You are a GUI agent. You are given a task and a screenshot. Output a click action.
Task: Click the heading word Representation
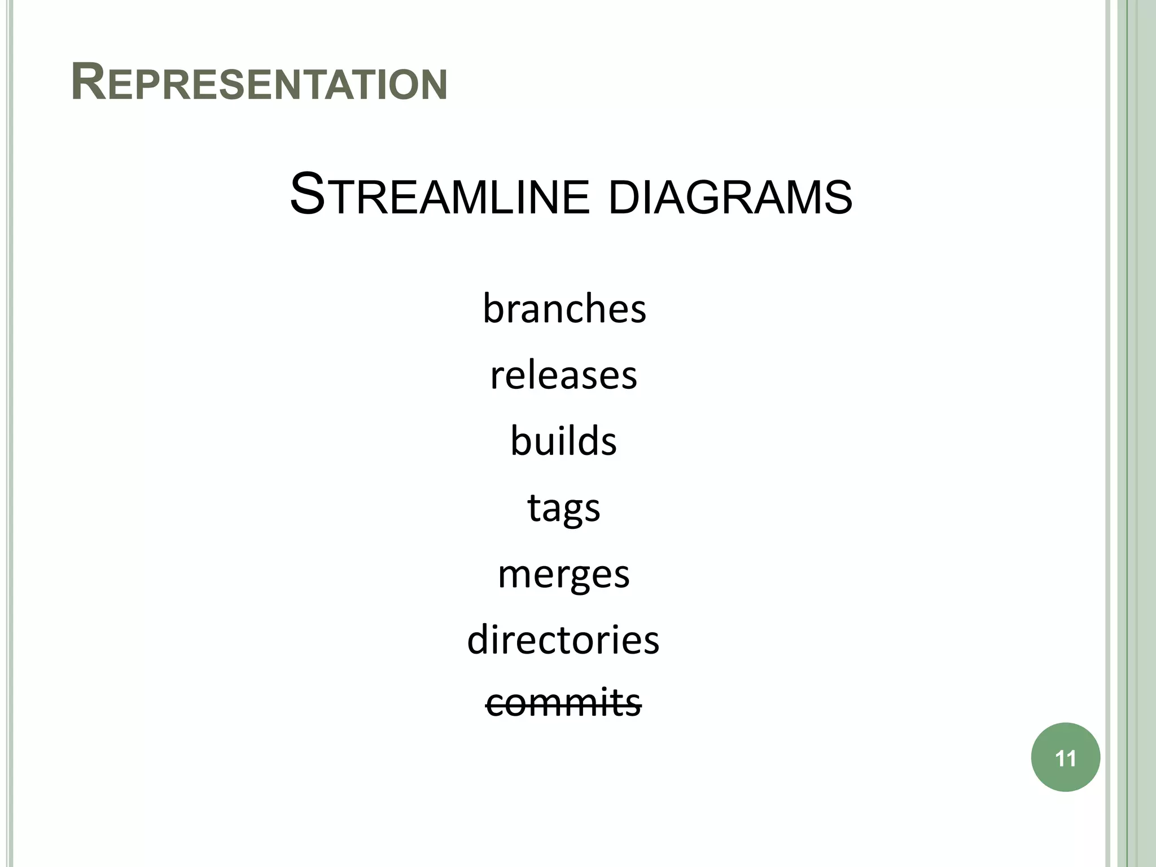[x=259, y=83]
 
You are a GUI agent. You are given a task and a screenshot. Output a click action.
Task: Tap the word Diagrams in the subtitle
[x=730, y=198]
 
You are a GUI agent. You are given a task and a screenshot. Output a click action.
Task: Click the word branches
[x=564, y=309]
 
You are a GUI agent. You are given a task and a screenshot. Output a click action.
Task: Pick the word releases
[x=563, y=375]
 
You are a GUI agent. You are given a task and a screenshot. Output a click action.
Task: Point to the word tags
[x=563, y=508]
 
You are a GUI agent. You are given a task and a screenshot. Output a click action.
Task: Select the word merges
[x=563, y=575]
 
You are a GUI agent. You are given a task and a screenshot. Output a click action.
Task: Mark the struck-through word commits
[x=563, y=703]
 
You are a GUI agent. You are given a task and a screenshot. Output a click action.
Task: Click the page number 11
[x=1065, y=758]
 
